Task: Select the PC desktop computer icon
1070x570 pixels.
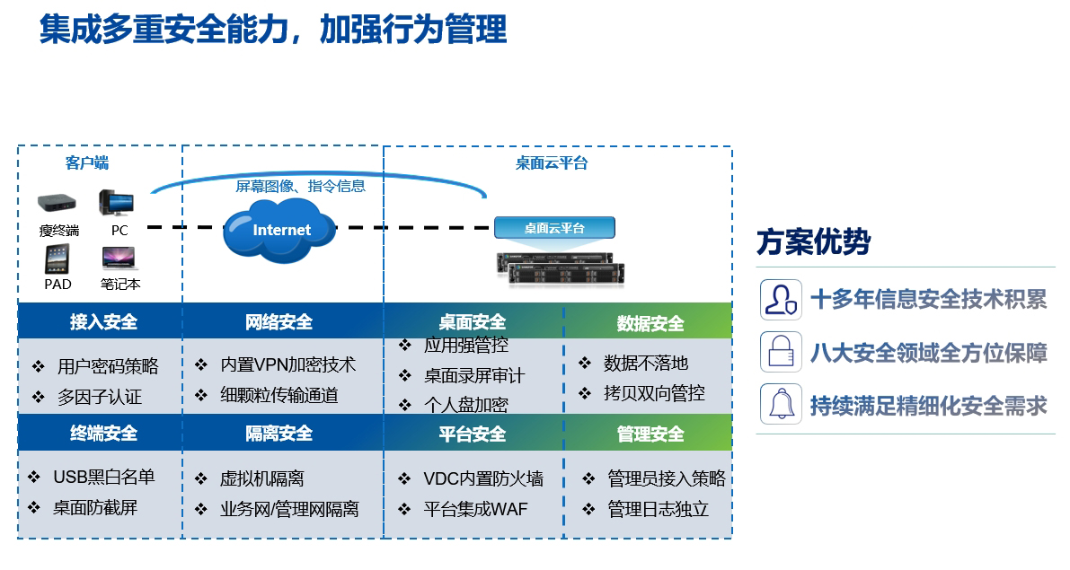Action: point(118,203)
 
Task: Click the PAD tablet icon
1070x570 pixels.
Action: point(57,259)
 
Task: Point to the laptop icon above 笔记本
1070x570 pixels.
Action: point(119,259)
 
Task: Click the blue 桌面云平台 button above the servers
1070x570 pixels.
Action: point(554,228)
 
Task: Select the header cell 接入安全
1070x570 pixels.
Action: point(103,322)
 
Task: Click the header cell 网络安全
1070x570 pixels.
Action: point(279,322)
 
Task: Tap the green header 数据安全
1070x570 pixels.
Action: point(650,323)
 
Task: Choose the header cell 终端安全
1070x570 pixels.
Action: point(103,434)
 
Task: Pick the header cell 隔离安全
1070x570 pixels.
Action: point(279,434)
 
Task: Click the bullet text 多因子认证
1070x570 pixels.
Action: point(99,397)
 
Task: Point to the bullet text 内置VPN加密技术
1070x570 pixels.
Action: point(287,364)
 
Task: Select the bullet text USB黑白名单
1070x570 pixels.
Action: point(103,478)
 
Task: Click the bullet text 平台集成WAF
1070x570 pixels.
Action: point(475,509)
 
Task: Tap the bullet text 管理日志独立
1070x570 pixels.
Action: point(658,509)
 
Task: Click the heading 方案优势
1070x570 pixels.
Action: point(813,242)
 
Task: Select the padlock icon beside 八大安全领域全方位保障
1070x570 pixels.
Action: point(780,350)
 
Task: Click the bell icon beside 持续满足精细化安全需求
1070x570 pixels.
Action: point(780,404)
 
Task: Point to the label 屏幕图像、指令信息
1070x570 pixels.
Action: point(300,187)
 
